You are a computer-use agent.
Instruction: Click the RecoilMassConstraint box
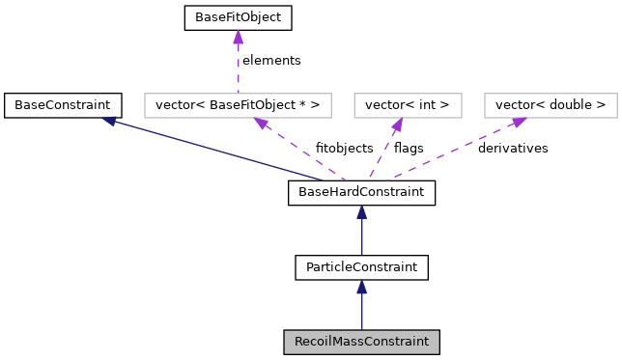point(361,342)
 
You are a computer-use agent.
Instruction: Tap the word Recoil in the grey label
point(312,342)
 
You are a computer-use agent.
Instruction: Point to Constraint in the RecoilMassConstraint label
point(398,342)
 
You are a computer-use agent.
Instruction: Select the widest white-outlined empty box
point(238,105)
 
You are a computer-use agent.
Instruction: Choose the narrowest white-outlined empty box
point(408,105)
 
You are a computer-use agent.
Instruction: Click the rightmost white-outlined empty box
point(551,105)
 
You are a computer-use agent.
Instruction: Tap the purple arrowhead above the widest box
point(238,38)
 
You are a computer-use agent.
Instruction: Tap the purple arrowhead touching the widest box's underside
point(261,124)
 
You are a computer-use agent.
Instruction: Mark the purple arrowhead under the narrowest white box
point(397,125)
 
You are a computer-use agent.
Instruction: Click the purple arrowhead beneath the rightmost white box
point(519,123)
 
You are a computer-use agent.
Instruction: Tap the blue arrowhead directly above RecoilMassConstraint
point(361,288)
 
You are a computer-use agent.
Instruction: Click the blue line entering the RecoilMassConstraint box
point(361,314)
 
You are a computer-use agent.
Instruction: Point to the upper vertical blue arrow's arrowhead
point(361,212)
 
